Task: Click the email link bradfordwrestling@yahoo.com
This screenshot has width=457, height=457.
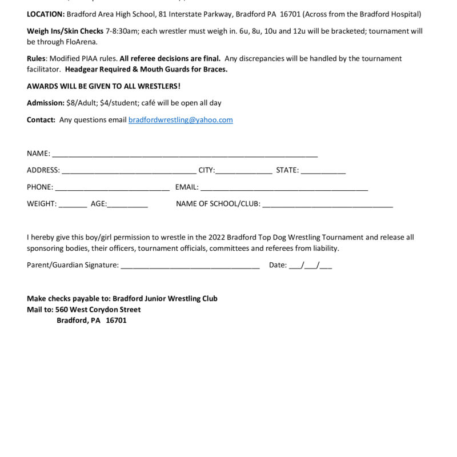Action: pyautogui.click(x=181, y=120)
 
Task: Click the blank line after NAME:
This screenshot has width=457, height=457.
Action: pyautogui.click(x=184, y=154)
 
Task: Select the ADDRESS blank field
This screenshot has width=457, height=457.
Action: pyautogui.click(x=129, y=171)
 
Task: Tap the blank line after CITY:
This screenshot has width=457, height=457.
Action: pyautogui.click(x=243, y=171)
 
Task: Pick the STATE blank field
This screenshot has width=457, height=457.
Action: pyautogui.click(x=323, y=171)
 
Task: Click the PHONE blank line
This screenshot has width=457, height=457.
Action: pyautogui.click(x=112, y=187)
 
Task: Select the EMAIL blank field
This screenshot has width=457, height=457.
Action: pyautogui.click(x=284, y=187)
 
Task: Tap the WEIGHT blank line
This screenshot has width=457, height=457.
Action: pyautogui.click(x=73, y=204)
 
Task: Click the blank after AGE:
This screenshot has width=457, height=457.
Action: pyautogui.click(x=127, y=204)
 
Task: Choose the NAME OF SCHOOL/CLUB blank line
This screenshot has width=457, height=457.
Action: pyautogui.click(x=327, y=204)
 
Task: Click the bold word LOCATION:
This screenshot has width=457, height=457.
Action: pyautogui.click(x=46, y=14)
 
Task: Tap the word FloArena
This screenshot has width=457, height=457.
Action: pyautogui.click(x=83, y=42)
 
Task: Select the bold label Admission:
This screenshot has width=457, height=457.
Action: pyautogui.click(x=46, y=103)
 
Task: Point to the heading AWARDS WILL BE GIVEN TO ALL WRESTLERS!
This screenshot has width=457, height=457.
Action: pyautogui.click(x=103, y=86)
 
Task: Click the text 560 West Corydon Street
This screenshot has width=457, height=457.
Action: pyautogui.click(x=98, y=310)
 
